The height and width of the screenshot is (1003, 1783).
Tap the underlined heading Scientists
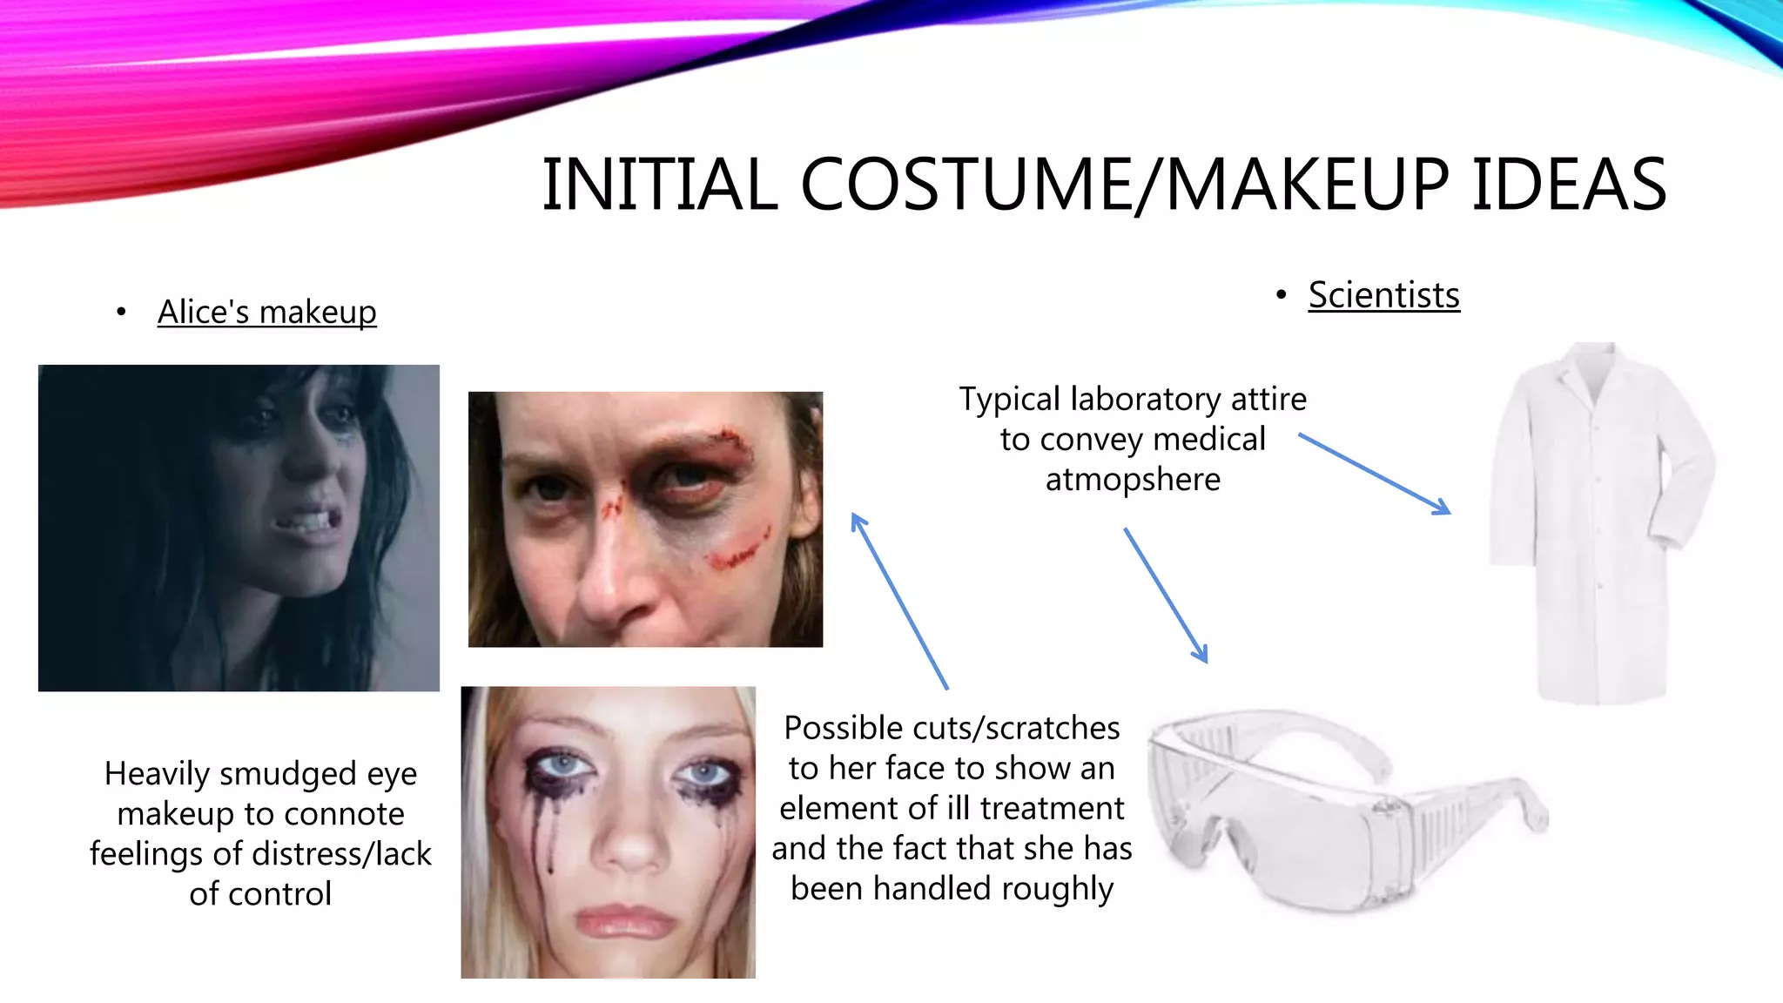click(1383, 295)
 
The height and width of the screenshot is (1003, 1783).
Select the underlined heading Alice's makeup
click(266, 312)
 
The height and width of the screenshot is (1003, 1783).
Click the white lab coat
click(1600, 522)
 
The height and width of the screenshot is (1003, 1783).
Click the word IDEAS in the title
click(1569, 185)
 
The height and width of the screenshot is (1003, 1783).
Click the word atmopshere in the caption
click(1133, 479)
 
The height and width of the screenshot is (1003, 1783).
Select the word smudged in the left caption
click(291, 774)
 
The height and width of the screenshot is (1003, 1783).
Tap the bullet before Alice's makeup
click(121, 312)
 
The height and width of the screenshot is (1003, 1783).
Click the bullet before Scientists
click(1281, 295)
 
